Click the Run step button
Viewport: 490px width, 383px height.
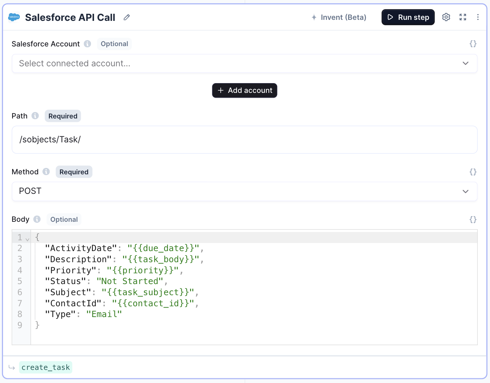point(408,18)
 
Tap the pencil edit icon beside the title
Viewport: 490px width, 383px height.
point(127,18)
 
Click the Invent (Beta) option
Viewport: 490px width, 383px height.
point(339,18)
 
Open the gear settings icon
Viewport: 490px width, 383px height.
point(446,17)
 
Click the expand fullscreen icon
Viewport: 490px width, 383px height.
point(463,17)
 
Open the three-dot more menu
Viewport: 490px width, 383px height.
point(478,17)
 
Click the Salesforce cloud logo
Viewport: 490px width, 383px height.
point(14,17)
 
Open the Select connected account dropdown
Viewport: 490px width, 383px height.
point(244,64)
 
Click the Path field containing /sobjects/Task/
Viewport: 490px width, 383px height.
point(244,140)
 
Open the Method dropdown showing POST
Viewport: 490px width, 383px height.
point(244,191)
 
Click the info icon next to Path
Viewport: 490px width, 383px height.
point(35,116)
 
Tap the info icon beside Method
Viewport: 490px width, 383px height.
point(46,172)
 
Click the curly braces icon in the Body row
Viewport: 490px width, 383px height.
point(473,219)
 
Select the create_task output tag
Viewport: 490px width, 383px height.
point(45,367)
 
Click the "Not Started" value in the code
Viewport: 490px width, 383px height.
point(130,281)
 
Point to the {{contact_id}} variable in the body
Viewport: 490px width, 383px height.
point(153,303)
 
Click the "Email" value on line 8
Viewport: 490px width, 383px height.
point(104,314)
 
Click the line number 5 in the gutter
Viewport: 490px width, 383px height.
point(20,281)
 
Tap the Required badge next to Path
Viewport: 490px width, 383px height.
point(63,116)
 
